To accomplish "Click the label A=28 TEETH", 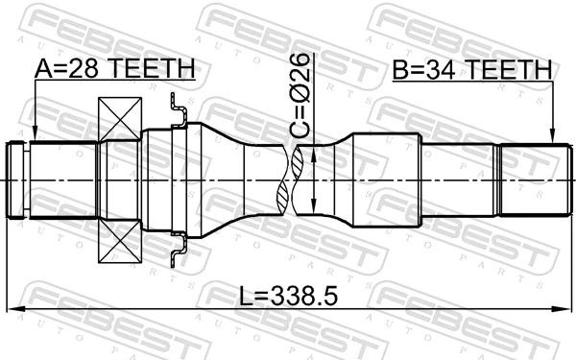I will click(x=115, y=69).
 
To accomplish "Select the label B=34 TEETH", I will click(x=471, y=69).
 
